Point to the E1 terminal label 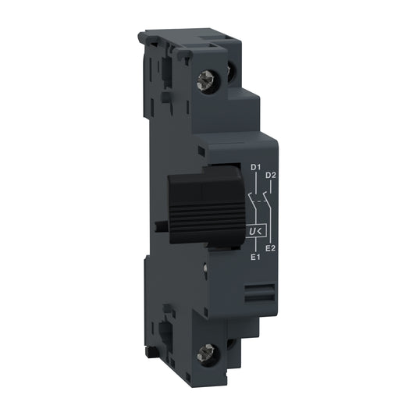pyautogui.click(x=254, y=256)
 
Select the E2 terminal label pyautogui.click(x=270, y=248)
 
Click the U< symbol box pyautogui.click(x=254, y=232)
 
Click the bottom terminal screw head pyautogui.click(x=209, y=353)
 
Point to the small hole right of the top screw pyautogui.click(x=232, y=72)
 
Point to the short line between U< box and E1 pyautogui.click(x=254, y=245)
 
